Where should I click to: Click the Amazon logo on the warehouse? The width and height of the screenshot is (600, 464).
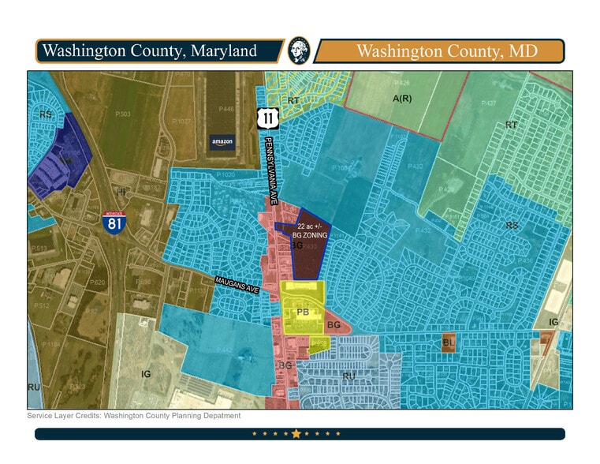tap(222, 142)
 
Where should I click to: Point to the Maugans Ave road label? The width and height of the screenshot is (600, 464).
tap(237, 286)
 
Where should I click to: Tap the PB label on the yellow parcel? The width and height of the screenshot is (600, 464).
tap(302, 312)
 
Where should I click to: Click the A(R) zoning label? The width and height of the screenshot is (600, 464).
tap(403, 98)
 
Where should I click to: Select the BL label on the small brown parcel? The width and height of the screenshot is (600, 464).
tap(448, 342)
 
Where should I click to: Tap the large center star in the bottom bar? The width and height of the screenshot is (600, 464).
tap(296, 433)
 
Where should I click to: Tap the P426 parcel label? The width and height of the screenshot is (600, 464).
tap(402, 83)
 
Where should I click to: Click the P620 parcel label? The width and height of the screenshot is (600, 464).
tap(97, 282)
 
